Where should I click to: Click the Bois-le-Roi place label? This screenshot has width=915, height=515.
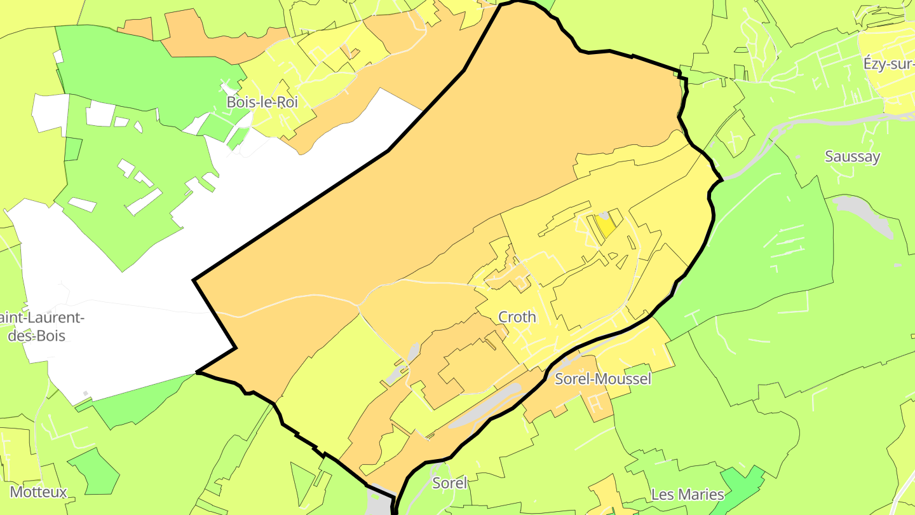262,102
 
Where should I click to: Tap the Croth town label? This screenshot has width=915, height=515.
517,317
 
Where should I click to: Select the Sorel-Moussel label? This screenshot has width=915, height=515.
603,379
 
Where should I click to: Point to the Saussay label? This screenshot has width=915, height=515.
851,156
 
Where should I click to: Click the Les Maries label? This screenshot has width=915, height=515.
688,494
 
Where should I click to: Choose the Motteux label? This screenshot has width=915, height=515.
38,491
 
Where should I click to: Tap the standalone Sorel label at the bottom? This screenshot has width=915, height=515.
449,483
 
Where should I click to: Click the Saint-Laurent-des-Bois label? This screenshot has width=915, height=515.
38,326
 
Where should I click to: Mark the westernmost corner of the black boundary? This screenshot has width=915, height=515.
193,280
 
